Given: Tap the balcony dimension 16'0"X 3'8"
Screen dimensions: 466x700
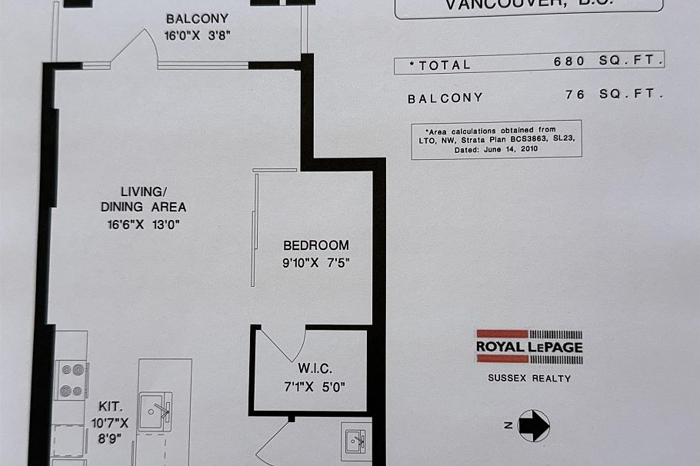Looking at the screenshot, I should [x=198, y=35].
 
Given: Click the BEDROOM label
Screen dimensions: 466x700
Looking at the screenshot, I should [x=315, y=245].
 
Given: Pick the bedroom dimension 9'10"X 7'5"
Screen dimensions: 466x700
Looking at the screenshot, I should [x=316, y=261].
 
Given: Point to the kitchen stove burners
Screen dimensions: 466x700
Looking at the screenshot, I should [x=72, y=380].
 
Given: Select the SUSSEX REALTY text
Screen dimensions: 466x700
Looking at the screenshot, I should [x=529, y=378].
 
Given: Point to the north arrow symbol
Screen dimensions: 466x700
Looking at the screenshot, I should [x=533, y=424].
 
